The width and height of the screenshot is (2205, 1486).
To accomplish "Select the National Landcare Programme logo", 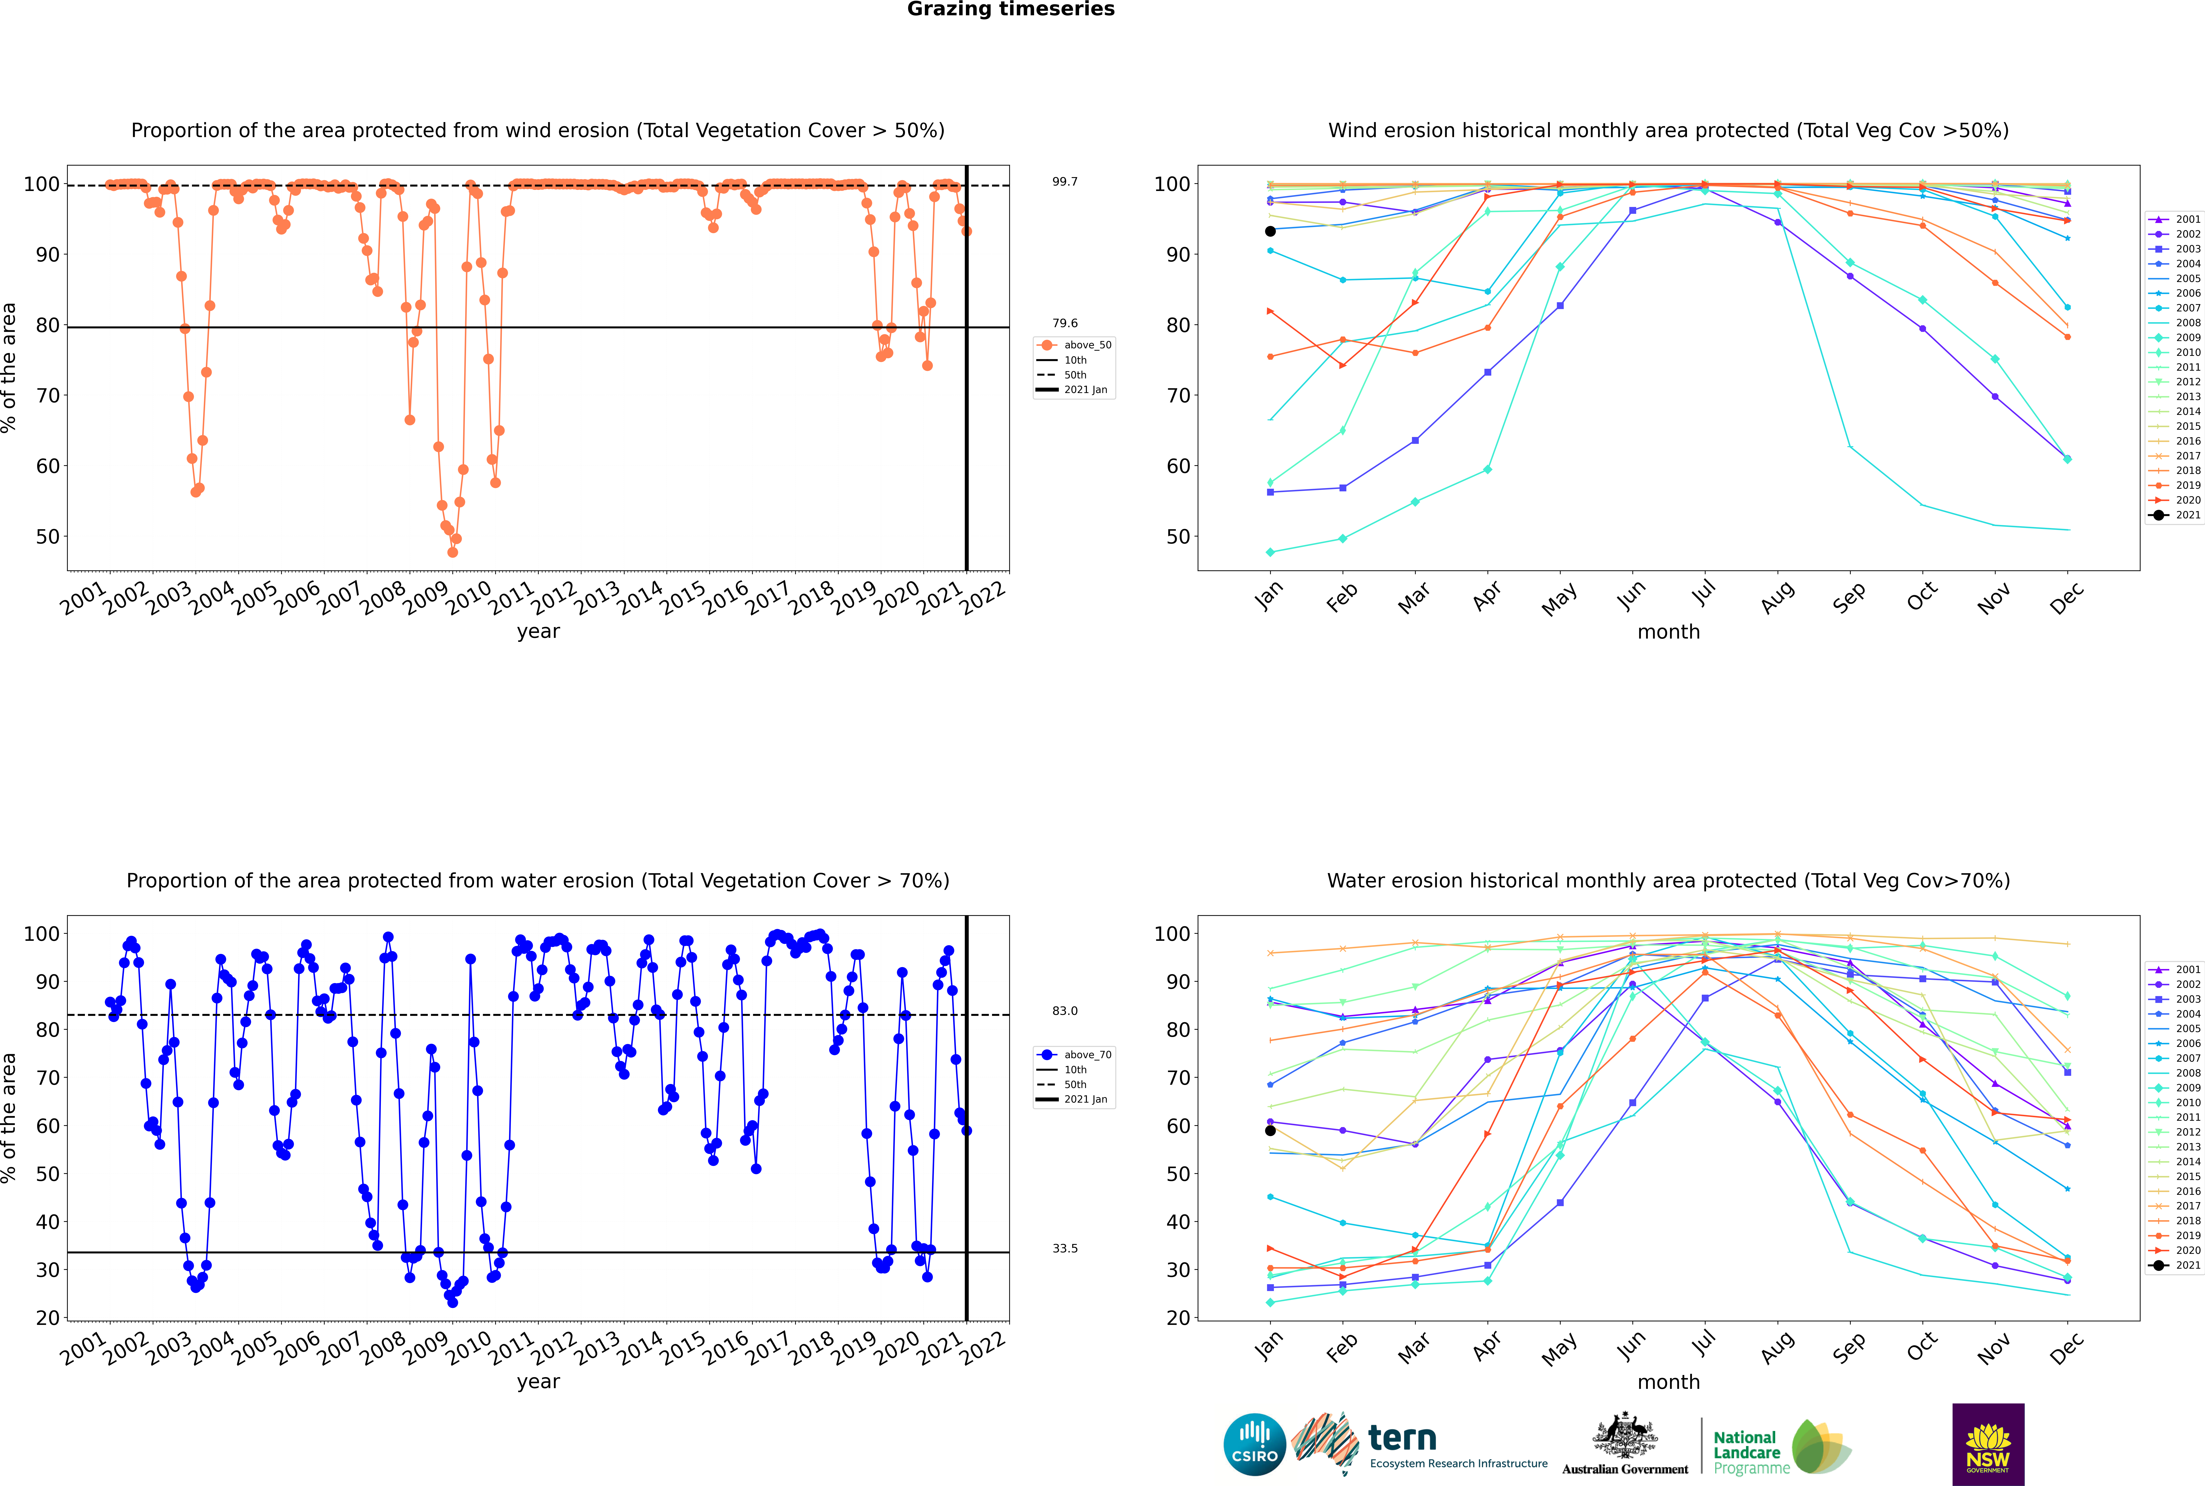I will click(x=1780, y=1447).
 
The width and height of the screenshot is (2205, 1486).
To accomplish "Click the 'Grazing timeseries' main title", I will click(x=1011, y=9).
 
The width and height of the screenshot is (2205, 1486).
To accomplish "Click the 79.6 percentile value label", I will click(x=1065, y=323).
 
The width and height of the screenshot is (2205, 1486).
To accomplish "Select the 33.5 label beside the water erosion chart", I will click(x=1065, y=1248).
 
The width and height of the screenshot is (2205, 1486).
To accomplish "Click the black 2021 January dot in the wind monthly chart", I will click(x=1270, y=231).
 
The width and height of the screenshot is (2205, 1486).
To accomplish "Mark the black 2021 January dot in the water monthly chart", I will click(x=1270, y=1131).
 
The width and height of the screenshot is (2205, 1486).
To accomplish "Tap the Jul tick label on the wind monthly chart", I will click(x=1703, y=593).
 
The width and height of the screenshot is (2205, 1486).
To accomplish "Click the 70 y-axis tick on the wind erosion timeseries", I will click(x=47, y=395).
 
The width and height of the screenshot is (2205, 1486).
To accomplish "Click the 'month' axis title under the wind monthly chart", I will click(x=1668, y=632).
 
